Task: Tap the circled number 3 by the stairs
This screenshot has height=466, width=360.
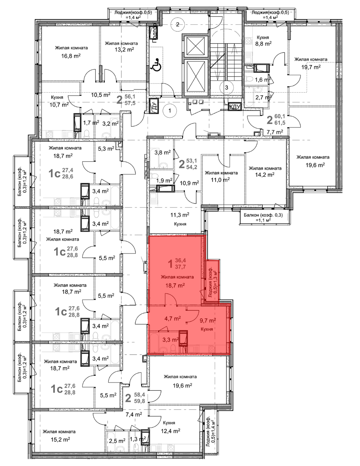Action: (x=226, y=88)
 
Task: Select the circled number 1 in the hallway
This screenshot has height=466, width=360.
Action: (x=170, y=111)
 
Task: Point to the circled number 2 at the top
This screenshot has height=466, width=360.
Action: (x=177, y=24)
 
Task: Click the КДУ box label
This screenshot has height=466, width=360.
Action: (x=235, y=107)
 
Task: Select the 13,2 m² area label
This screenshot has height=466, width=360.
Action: (x=124, y=50)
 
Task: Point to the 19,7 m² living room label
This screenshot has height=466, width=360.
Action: (x=311, y=67)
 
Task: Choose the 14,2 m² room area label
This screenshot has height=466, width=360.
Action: (x=265, y=175)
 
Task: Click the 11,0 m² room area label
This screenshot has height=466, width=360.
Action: (x=220, y=180)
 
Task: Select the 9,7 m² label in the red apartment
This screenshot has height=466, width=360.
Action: (x=208, y=321)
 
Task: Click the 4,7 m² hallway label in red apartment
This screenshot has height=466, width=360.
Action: (x=173, y=318)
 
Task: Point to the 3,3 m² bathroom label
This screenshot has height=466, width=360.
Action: (x=171, y=340)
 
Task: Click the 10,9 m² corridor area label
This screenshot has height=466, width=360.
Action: (x=189, y=183)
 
